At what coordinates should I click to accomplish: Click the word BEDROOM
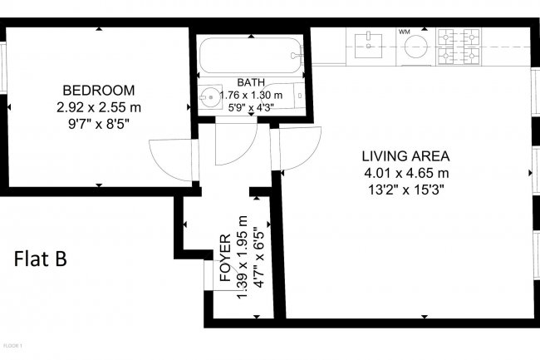98,90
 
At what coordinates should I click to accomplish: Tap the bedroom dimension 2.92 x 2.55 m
98,106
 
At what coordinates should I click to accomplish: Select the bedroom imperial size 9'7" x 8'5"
98,123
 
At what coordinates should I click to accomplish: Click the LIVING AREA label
405,155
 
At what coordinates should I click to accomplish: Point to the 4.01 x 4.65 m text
405,173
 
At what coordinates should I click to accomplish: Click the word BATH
251,82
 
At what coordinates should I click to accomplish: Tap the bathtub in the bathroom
250,55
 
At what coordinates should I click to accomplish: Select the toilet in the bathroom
292,95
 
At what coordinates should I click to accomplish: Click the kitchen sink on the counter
366,46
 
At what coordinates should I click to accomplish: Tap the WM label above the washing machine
405,32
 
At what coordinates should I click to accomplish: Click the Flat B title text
41,259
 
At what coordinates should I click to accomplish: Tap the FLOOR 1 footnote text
12,344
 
